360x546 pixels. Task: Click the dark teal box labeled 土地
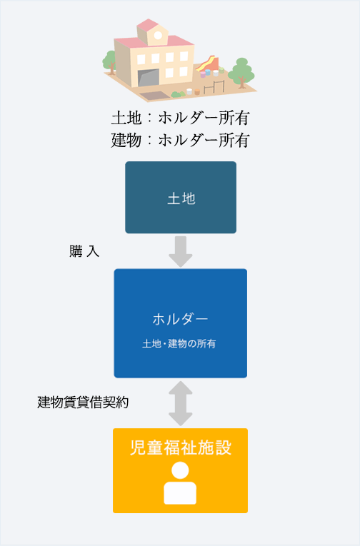(181, 197)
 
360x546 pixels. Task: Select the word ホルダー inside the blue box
(180, 319)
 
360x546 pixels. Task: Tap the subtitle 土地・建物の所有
(179, 344)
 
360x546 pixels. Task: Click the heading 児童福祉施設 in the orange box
(181, 448)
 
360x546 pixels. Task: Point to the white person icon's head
(180, 470)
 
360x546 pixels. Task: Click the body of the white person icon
(180, 492)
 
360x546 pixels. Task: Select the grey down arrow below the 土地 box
(181, 252)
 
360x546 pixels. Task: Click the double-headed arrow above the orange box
(181, 403)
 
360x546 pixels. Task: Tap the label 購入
(84, 251)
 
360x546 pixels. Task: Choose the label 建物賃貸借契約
(83, 403)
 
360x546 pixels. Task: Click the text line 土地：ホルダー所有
(180, 118)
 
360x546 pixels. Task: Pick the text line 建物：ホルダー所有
(180, 141)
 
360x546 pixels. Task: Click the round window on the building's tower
(158, 35)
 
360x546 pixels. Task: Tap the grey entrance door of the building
(149, 77)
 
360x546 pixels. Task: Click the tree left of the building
(110, 62)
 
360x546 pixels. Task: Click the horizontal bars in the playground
(214, 87)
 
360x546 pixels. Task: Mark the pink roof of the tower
(148, 26)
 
